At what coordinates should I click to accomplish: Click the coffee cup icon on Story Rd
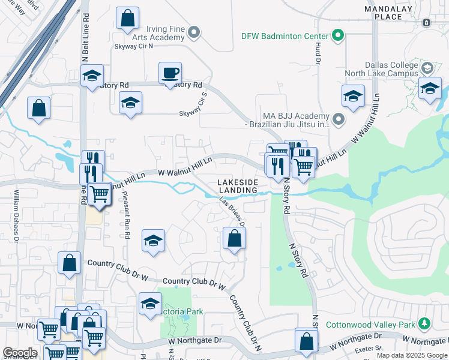coord(170,74)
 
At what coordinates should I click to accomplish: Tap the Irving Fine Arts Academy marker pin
coord(194,31)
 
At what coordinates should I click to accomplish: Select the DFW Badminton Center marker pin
coord(337,36)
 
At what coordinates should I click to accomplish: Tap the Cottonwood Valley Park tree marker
coord(425,324)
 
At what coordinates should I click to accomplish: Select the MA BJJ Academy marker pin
coord(338,119)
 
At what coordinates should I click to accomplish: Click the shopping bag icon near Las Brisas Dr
coord(234,239)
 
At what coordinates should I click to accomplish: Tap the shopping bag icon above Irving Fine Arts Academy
coord(128,19)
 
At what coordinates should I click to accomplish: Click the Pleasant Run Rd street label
coord(125,216)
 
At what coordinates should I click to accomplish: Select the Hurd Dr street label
coord(314,51)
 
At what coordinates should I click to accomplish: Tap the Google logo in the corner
coord(20,353)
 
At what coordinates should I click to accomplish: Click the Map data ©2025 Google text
coord(411,355)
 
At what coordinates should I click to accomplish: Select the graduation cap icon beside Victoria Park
coord(150,304)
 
